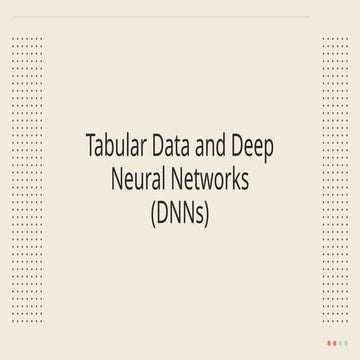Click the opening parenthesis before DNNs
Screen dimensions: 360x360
pyautogui.click(x=151, y=213)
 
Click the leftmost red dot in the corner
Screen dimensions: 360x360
pyautogui.click(x=330, y=342)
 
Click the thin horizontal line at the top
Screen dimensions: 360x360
pyautogui.click(x=180, y=17)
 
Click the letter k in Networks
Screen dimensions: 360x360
pyautogui.click(x=234, y=180)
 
